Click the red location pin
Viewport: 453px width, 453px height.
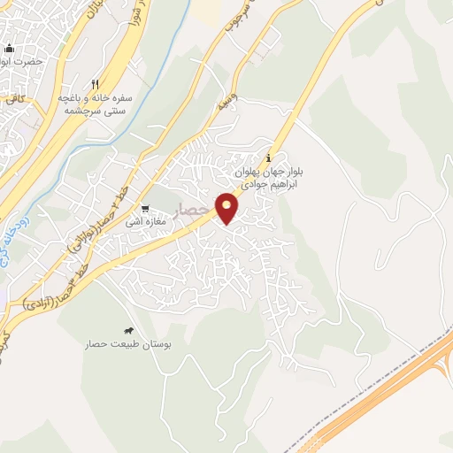[228, 207]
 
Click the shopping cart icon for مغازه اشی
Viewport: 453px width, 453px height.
[144, 209]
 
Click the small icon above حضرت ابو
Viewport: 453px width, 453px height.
[10, 48]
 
